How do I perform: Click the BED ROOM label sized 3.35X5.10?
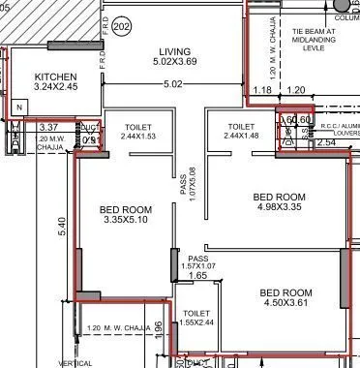click(126, 208)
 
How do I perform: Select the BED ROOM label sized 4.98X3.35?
click(280, 195)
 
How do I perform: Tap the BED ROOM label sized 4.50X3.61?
click(285, 292)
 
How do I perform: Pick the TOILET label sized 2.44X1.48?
click(242, 127)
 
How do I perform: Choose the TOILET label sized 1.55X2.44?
click(196, 314)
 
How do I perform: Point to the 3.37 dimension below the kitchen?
click(49, 126)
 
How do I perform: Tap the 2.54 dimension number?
click(325, 142)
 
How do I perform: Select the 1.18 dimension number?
click(261, 90)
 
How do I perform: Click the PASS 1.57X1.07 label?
click(198, 262)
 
